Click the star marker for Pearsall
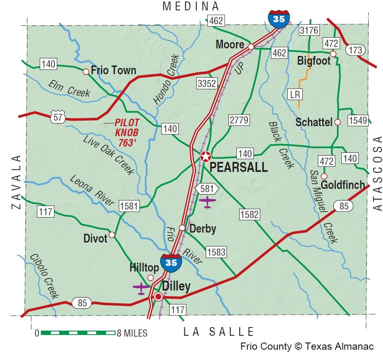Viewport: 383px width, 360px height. click(205, 156)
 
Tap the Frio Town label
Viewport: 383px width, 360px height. click(113, 71)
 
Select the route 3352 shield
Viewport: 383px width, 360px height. click(207, 83)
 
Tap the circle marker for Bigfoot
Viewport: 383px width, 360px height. click(333, 54)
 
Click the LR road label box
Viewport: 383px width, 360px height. click(295, 94)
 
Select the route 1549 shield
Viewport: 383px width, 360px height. click(358, 121)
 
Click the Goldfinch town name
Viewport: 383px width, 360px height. click(342, 185)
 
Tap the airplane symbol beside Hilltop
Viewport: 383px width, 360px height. click(141, 288)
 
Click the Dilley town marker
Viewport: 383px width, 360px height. click(158, 296)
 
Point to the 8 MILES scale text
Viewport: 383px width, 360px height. click(131, 333)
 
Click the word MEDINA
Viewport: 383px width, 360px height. click(191, 6)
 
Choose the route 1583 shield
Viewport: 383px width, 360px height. click(216, 252)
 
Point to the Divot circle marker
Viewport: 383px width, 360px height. click(112, 235)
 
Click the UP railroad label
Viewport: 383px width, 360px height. click(239, 68)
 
